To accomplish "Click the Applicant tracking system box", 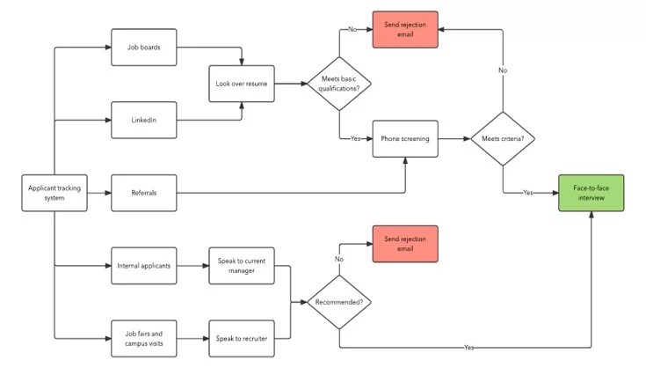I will click(54, 193).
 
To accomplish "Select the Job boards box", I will click(144, 48).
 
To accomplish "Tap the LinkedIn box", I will click(144, 120).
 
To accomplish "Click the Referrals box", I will click(144, 193).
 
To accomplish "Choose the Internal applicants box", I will click(144, 265).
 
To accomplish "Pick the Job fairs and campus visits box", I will click(144, 337).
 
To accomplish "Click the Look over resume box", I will click(241, 85).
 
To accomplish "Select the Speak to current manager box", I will click(241, 265).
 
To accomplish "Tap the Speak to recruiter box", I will click(241, 337).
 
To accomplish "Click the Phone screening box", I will click(404, 139).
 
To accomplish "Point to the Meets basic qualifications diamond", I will click(338, 85).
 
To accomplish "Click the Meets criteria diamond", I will click(503, 139).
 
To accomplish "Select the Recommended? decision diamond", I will click(338, 302).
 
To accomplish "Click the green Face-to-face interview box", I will click(592, 193).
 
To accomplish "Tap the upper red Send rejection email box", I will click(404, 29).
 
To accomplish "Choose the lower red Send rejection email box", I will click(404, 244).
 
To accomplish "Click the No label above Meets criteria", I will click(503, 70).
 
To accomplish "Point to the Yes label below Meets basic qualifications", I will click(356, 139).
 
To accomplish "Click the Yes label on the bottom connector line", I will click(470, 348).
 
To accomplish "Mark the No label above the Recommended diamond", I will click(338, 260).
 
